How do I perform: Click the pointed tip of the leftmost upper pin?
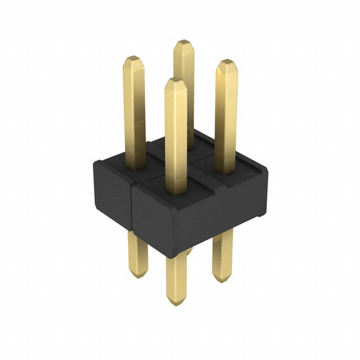[x=133, y=58]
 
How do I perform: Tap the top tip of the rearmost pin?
[x=183, y=42]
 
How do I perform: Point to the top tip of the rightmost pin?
[x=226, y=62]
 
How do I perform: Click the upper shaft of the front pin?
[x=176, y=135]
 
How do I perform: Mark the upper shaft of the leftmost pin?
[x=134, y=112]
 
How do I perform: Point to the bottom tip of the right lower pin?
[x=223, y=278]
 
